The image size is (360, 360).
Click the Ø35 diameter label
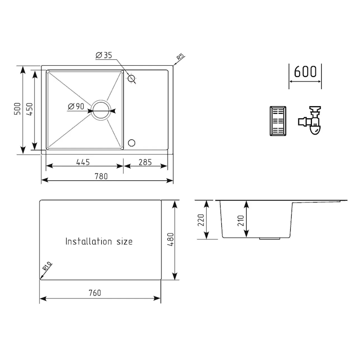point(103,55)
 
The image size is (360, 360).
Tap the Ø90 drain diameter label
point(76,107)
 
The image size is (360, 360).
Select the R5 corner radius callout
point(180,58)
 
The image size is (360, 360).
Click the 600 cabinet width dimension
point(305,72)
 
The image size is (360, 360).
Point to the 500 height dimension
point(17,110)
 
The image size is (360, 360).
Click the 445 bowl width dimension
point(83,162)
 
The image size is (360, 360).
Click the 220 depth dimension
point(201,220)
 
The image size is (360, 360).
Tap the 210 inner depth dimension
point(240,220)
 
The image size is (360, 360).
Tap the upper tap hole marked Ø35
point(132,79)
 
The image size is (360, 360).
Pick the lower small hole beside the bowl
point(132,143)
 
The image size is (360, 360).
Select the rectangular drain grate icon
point(277,121)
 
